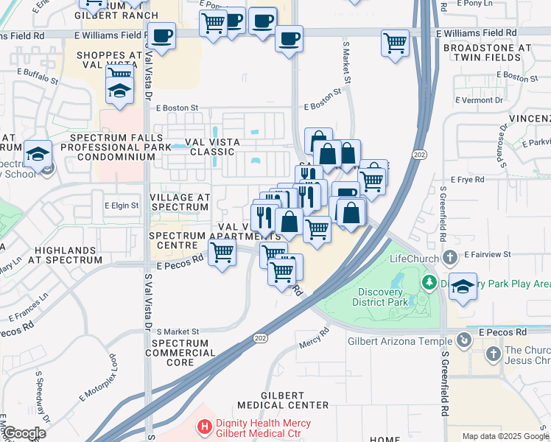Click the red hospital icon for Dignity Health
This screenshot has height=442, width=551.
[204, 427]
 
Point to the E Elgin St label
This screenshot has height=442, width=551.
[121, 206]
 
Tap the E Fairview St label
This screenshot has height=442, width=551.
[488, 254]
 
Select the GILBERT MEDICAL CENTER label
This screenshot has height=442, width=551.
[284, 399]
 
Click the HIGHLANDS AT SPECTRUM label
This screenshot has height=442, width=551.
[68, 255]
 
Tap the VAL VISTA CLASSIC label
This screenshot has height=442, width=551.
[203, 145]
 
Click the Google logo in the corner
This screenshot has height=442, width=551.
[24, 433]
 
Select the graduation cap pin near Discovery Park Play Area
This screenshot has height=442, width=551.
[462, 286]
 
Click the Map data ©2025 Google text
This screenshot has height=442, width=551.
[505, 436]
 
